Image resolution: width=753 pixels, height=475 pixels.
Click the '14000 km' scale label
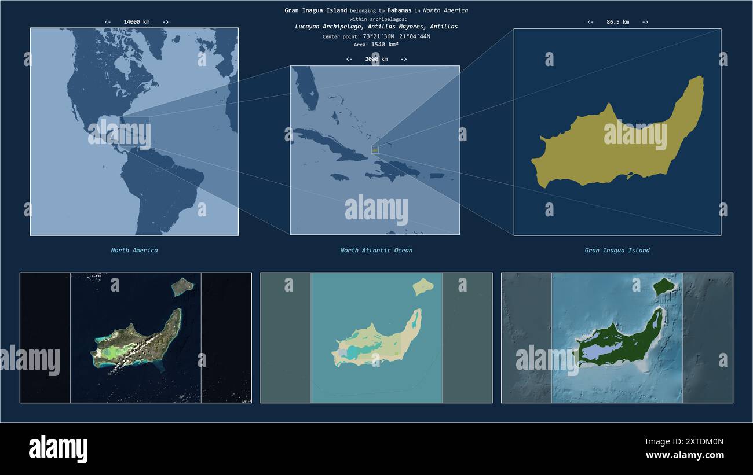point(136,22)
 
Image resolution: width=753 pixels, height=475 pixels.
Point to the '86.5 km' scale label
point(617,22)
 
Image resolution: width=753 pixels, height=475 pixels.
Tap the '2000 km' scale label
point(376,59)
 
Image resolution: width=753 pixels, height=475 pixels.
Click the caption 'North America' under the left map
point(134,251)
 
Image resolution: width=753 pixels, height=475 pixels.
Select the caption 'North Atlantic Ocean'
point(376,251)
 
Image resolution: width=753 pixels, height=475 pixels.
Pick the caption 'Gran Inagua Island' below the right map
point(617,251)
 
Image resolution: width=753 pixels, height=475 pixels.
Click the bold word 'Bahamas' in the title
point(400,10)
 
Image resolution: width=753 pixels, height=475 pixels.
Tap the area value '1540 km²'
point(385,44)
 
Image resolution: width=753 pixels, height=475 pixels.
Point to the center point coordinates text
point(396,36)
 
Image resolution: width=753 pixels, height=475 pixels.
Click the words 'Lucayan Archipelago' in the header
point(322,27)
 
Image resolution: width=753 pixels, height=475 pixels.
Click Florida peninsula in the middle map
point(306,90)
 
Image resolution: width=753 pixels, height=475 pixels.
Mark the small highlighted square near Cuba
point(375,150)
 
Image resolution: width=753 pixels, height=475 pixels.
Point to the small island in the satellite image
point(183,285)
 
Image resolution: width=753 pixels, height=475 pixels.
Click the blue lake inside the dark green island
point(602,349)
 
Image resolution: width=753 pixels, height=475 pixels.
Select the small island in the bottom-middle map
point(423,285)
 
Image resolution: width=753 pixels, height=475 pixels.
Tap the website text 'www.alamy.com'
point(685,455)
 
